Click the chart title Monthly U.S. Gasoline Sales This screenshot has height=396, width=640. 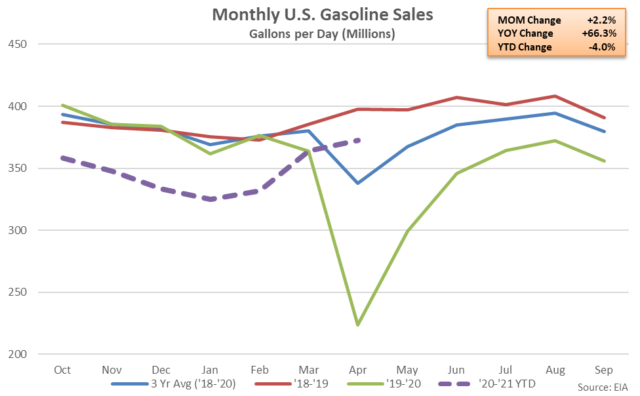point(323,14)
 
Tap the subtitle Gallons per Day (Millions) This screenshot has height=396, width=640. point(323,33)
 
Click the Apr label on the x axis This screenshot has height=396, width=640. point(358,370)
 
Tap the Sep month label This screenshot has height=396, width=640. point(603,370)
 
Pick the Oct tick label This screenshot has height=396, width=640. point(63,370)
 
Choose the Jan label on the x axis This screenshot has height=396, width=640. point(210,370)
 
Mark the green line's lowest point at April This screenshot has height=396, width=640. point(358,325)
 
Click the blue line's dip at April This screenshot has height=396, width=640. point(358,183)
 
